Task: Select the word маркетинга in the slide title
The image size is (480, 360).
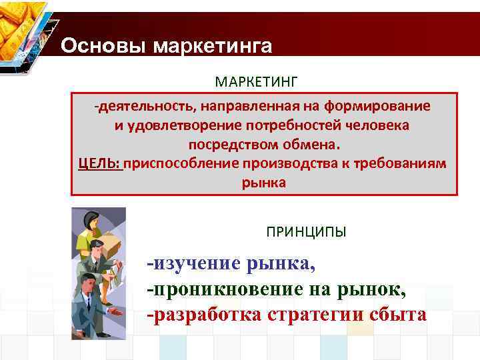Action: tap(213, 47)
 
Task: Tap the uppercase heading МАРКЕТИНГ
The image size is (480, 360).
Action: tap(257, 81)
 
